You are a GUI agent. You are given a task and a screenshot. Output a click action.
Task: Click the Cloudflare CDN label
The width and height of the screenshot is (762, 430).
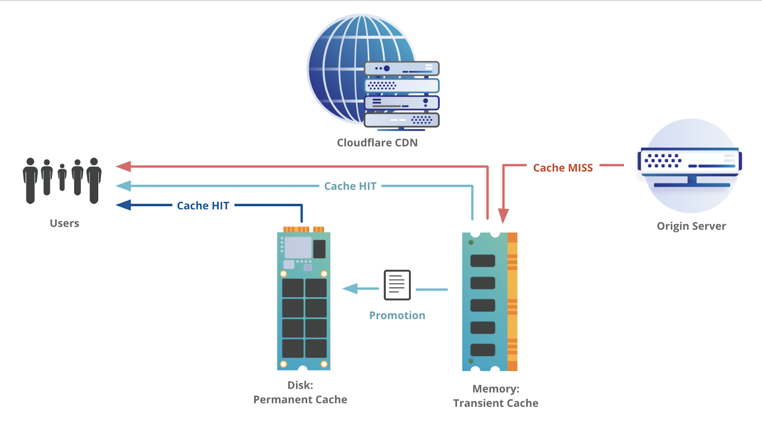[377, 143]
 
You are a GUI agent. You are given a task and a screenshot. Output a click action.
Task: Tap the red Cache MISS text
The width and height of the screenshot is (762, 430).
[563, 168]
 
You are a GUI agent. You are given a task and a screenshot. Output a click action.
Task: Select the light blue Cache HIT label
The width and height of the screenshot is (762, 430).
[350, 186]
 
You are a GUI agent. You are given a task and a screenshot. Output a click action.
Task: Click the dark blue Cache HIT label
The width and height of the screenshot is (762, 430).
[203, 206]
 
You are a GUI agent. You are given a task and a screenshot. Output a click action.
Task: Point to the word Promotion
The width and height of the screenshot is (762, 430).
[397, 315]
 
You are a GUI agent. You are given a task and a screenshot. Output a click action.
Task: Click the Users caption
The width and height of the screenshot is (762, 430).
[64, 223]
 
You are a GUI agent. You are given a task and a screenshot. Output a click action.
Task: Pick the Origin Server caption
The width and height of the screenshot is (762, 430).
[691, 226]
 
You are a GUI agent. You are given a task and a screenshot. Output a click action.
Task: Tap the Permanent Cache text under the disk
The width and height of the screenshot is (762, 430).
[300, 400]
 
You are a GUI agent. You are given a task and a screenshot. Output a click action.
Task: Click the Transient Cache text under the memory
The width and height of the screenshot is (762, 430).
[495, 403]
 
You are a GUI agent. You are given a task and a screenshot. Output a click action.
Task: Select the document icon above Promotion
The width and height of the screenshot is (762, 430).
[397, 285]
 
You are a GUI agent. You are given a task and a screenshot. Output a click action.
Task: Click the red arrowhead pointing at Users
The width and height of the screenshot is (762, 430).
[123, 166]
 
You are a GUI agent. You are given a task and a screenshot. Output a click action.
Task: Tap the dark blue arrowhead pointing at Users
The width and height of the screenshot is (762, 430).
[123, 205]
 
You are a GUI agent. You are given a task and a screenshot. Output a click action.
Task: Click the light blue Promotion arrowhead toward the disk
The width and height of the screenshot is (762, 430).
[351, 289]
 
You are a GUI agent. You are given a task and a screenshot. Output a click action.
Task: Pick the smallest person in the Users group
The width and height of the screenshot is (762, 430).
[62, 177]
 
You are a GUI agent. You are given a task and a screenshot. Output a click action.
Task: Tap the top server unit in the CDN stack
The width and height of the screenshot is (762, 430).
[401, 69]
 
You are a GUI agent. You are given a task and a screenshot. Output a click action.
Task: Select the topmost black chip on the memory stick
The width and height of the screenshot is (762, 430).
[482, 260]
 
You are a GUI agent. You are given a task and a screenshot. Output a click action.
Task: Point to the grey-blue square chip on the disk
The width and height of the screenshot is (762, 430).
[298, 248]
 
